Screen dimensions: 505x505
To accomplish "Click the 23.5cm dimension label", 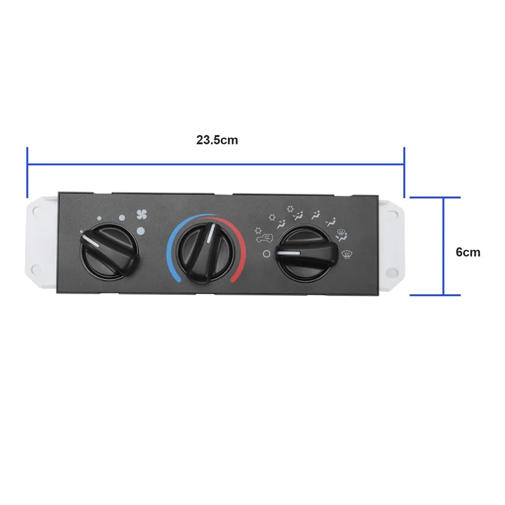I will click(x=217, y=140).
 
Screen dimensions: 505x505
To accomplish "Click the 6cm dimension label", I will click(x=468, y=252).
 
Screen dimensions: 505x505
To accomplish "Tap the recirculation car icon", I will click(x=264, y=237).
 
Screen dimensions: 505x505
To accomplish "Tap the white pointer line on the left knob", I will click(x=92, y=242).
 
